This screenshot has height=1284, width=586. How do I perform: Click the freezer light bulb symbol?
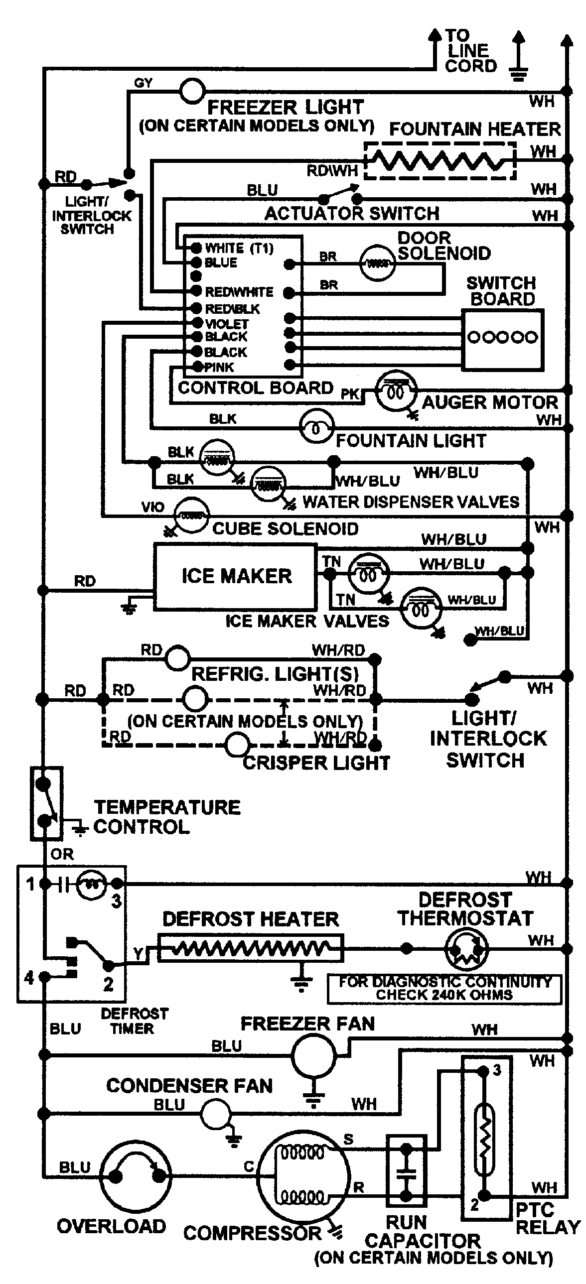point(192,91)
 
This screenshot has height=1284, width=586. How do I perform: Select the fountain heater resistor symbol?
point(439,160)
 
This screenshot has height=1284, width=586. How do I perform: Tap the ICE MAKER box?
point(235,577)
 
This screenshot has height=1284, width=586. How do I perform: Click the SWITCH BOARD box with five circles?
point(502,339)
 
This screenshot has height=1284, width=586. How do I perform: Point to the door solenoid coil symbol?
point(377,263)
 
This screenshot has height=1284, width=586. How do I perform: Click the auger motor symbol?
point(396,392)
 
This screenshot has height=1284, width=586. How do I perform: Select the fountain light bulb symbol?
point(316,428)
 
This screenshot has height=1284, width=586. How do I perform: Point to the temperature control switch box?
point(46,803)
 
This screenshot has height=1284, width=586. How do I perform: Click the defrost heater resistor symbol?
point(250,947)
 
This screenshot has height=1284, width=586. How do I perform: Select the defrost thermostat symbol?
point(466,948)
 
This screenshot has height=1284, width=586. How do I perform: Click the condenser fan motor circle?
point(216,1113)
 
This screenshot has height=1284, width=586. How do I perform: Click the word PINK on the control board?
point(219,368)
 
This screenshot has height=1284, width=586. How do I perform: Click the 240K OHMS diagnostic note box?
point(444,989)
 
